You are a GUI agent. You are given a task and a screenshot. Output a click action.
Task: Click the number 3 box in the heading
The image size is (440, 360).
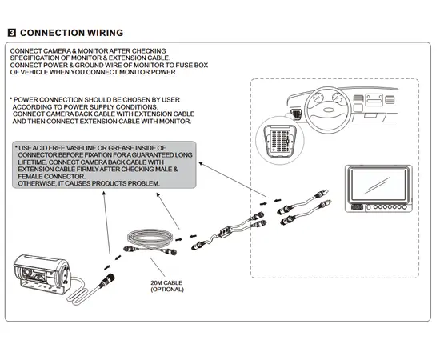point(12,33)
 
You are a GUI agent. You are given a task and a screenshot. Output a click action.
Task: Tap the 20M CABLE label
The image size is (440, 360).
point(166,282)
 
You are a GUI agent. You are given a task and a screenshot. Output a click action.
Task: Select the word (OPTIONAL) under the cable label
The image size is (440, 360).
point(167,290)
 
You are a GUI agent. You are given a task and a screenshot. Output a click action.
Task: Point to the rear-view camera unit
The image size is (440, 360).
point(42,274)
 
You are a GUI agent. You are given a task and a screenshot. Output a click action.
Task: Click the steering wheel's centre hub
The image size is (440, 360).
point(328,110)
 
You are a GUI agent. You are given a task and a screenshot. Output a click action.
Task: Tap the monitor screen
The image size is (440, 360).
point(378,185)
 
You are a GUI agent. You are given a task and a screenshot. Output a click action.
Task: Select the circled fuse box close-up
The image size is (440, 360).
point(280,140)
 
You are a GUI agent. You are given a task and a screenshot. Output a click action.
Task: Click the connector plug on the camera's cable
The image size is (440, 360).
point(106,280)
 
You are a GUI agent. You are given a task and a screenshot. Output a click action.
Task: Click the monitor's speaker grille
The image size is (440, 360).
point(357,207)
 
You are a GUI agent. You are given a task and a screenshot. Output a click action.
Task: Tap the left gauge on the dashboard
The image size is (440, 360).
point(318,98)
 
